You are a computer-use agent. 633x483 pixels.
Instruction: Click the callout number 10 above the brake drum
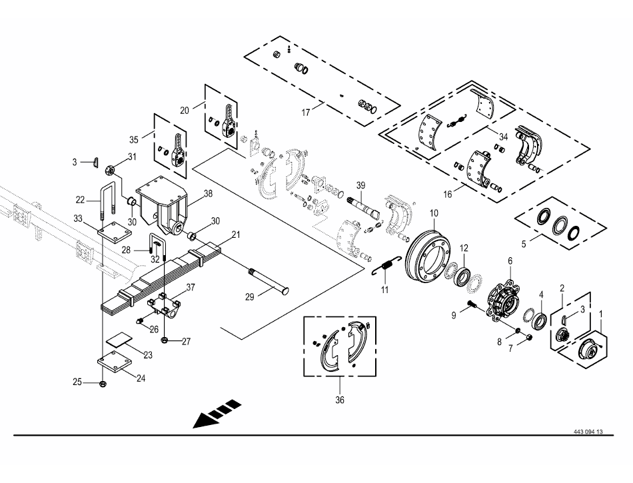pos(434,213)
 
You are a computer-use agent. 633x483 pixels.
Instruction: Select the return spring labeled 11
pos(386,266)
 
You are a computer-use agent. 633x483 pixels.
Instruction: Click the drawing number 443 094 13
pos(588,432)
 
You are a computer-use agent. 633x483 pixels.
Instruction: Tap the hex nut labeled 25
pos(103,383)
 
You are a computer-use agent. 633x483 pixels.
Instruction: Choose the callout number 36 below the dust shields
pos(340,400)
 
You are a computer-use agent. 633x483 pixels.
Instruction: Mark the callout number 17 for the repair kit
pos(306,113)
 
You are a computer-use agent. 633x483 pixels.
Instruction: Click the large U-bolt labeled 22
pos(107,200)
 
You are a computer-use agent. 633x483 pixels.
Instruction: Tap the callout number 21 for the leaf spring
pos(236,235)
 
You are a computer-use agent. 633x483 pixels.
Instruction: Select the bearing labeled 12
pos(462,276)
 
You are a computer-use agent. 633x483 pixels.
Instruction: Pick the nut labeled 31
pos(109,171)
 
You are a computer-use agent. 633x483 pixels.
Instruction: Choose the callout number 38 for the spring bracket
pos(208,193)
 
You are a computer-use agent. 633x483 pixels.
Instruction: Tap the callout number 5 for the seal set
pos(524,244)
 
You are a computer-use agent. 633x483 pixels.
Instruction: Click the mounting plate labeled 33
pos(115,233)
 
